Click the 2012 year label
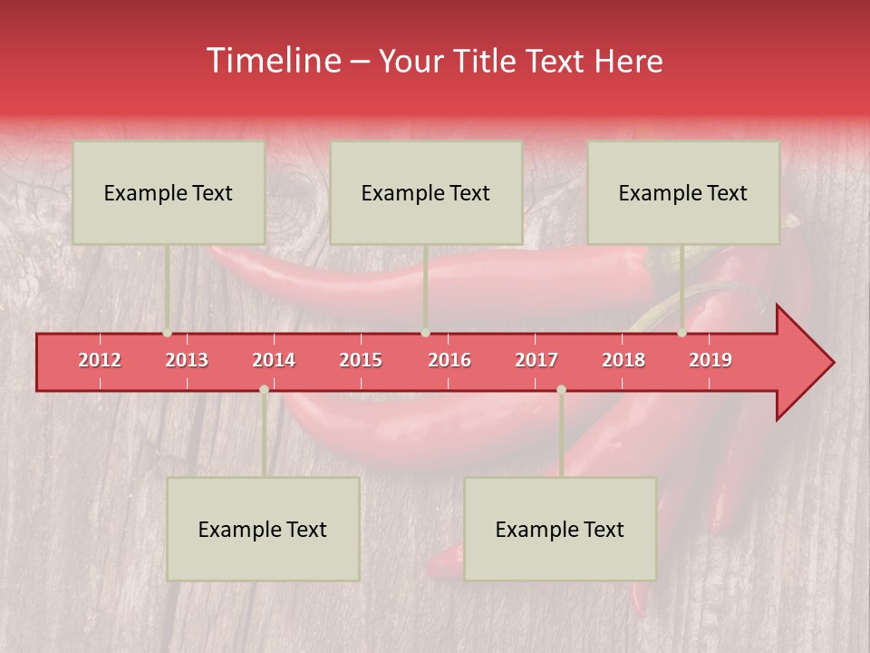click(100, 360)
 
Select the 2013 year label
click(187, 360)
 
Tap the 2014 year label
click(274, 360)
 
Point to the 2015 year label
click(361, 360)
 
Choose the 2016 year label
click(449, 360)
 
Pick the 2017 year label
click(536, 360)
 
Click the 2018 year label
click(623, 360)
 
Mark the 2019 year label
click(710, 360)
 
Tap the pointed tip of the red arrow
click(831, 363)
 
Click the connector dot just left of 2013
click(167, 333)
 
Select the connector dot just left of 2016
click(425, 333)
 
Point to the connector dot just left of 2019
click(682, 333)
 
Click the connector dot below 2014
click(264, 390)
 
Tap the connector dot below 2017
click(561, 390)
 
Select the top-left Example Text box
click(169, 192)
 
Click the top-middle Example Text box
click(426, 192)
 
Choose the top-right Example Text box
click(683, 192)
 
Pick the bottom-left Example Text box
click(263, 529)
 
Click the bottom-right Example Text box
click(560, 529)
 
